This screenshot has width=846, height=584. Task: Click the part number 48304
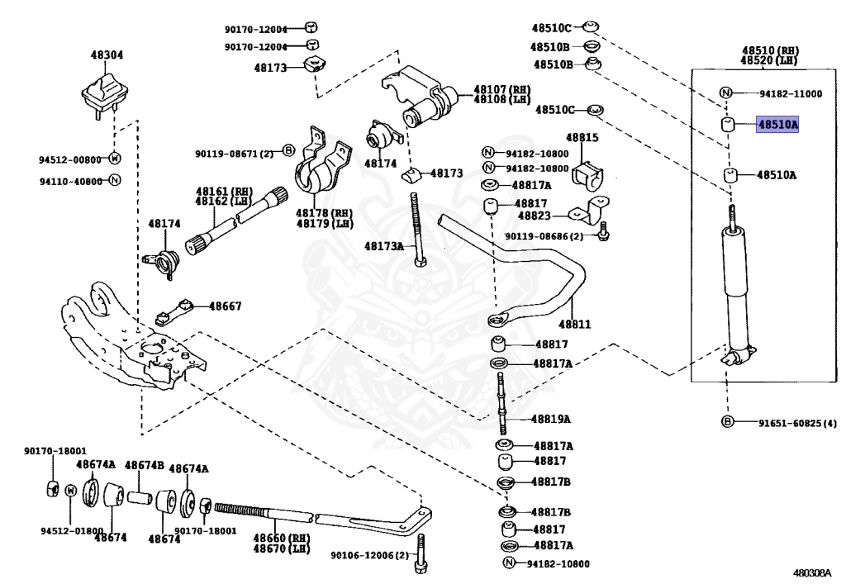point(107,55)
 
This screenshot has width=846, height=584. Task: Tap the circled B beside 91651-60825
point(728,423)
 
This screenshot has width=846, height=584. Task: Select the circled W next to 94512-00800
point(114,159)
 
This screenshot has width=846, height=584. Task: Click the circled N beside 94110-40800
point(114,181)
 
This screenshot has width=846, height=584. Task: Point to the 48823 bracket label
point(534,216)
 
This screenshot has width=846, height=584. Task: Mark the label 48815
point(582,137)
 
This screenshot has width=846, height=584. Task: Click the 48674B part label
point(145,465)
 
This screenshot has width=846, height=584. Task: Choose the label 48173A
point(384,246)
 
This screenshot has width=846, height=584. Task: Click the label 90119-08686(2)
point(545,236)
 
